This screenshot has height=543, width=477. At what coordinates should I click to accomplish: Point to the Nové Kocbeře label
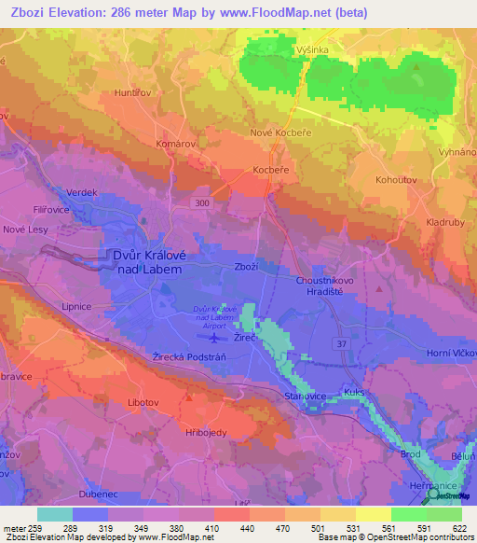pyautogui.click(x=279, y=133)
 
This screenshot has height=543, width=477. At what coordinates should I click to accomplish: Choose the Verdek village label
pyautogui.click(x=82, y=192)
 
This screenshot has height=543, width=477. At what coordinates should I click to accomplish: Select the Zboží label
pyautogui.click(x=246, y=266)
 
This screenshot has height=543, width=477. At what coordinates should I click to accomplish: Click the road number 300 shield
pyautogui.click(x=201, y=202)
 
